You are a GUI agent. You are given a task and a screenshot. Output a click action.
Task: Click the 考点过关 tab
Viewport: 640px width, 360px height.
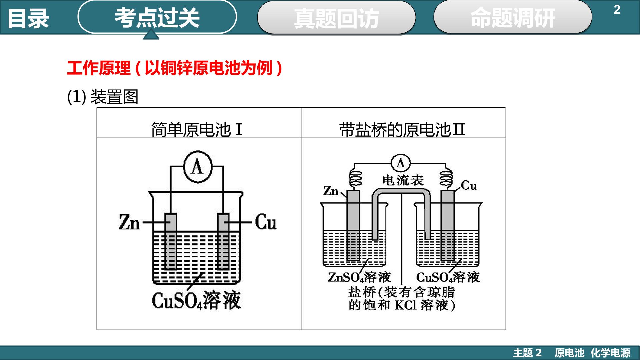pos(157,17)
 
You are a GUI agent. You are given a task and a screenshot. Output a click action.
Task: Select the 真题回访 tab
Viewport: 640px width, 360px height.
pos(336,18)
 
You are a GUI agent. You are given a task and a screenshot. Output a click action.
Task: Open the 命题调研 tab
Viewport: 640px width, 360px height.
pos(513,17)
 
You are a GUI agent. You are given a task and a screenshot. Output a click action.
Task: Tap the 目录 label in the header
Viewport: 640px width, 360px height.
pos(28,18)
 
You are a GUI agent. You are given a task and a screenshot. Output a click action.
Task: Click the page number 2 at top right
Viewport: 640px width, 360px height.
pos(617,10)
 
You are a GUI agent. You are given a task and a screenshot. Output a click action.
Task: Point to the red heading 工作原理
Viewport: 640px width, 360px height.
pos(99,68)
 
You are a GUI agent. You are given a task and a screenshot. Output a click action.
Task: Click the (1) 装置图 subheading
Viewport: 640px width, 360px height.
pos(103,97)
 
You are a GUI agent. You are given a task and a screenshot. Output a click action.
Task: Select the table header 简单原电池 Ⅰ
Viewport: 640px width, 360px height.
pos(197,130)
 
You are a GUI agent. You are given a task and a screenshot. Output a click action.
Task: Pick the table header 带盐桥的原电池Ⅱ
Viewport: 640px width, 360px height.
pos(402,130)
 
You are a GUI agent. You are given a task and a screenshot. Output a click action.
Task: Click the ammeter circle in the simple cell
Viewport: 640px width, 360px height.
pos(197,166)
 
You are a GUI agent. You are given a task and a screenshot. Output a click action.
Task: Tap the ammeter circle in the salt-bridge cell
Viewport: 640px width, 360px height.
pos(400,163)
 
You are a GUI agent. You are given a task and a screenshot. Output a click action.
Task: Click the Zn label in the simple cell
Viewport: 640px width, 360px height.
pos(129,222)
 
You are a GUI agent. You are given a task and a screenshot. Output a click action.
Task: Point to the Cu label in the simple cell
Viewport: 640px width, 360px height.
pos(266,222)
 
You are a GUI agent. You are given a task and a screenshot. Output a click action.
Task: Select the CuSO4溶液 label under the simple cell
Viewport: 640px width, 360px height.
pos(196,300)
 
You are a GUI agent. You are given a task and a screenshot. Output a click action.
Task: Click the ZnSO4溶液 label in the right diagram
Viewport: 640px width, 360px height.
pos(359,277)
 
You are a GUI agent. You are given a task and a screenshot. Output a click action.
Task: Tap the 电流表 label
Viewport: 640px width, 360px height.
pos(403,180)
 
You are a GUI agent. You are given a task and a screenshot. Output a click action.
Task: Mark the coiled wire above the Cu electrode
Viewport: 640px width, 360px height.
pos(446,177)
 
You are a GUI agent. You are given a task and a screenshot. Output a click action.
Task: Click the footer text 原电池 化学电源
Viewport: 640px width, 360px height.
pos(592,353)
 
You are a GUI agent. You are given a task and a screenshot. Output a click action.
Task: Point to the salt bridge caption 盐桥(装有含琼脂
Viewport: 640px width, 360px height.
pos(401,292)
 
